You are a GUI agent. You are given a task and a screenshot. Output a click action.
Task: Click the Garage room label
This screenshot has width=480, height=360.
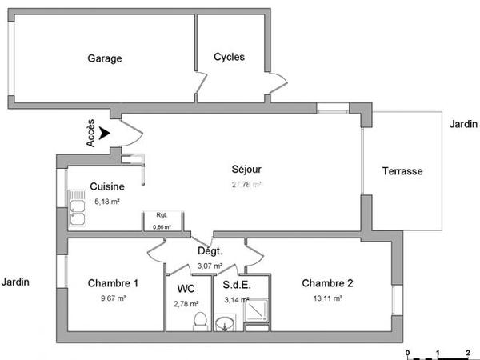point(105,58)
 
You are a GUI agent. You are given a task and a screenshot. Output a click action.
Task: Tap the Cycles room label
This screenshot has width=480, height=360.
point(230,57)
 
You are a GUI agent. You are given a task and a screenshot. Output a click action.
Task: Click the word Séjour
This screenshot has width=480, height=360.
point(246,170)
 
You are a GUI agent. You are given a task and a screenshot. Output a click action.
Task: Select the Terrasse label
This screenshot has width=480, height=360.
point(402,171)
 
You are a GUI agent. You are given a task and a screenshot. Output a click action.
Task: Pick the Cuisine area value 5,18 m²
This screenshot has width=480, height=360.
point(107,202)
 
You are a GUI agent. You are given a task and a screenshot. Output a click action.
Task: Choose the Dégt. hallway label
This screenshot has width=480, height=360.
point(210,250)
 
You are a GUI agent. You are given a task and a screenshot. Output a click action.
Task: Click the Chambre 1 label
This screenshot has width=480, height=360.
point(114,283)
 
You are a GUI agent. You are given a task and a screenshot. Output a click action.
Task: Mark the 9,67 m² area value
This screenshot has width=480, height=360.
point(114,298)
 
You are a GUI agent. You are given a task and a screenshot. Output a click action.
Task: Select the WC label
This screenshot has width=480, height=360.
point(186,288)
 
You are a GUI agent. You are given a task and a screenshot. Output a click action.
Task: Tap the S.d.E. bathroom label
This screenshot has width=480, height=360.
point(237,284)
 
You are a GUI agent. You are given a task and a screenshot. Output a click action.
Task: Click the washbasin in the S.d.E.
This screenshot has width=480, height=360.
point(226,322)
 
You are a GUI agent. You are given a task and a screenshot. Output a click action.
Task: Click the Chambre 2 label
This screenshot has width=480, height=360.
point(327,283)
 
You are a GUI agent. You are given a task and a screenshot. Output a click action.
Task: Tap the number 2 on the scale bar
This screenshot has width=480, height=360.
point(466,353)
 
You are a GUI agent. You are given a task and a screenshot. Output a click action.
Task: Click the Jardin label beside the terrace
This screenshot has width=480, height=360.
point(463,124)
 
